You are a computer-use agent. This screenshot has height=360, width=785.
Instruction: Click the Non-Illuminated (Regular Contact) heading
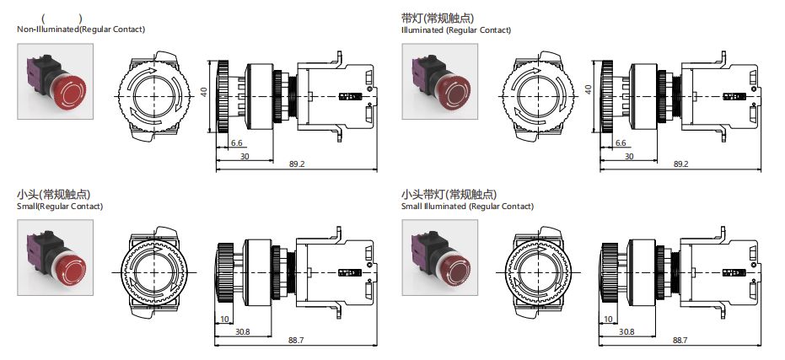[81, 30]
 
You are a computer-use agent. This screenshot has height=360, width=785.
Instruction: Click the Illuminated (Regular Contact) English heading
[456, 30]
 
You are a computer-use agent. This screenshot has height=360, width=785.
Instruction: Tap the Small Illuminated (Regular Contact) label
[467, 206]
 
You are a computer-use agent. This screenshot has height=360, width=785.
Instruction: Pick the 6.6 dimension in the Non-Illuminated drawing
[236, 143]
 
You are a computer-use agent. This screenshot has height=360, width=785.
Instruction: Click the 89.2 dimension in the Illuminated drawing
[680, 164]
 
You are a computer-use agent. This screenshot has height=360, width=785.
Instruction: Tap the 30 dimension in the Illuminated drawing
[628, 156]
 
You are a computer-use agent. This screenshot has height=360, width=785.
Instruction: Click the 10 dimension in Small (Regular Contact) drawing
[223, 320]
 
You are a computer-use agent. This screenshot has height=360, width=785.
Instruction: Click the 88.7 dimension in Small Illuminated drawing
[680, 340]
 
